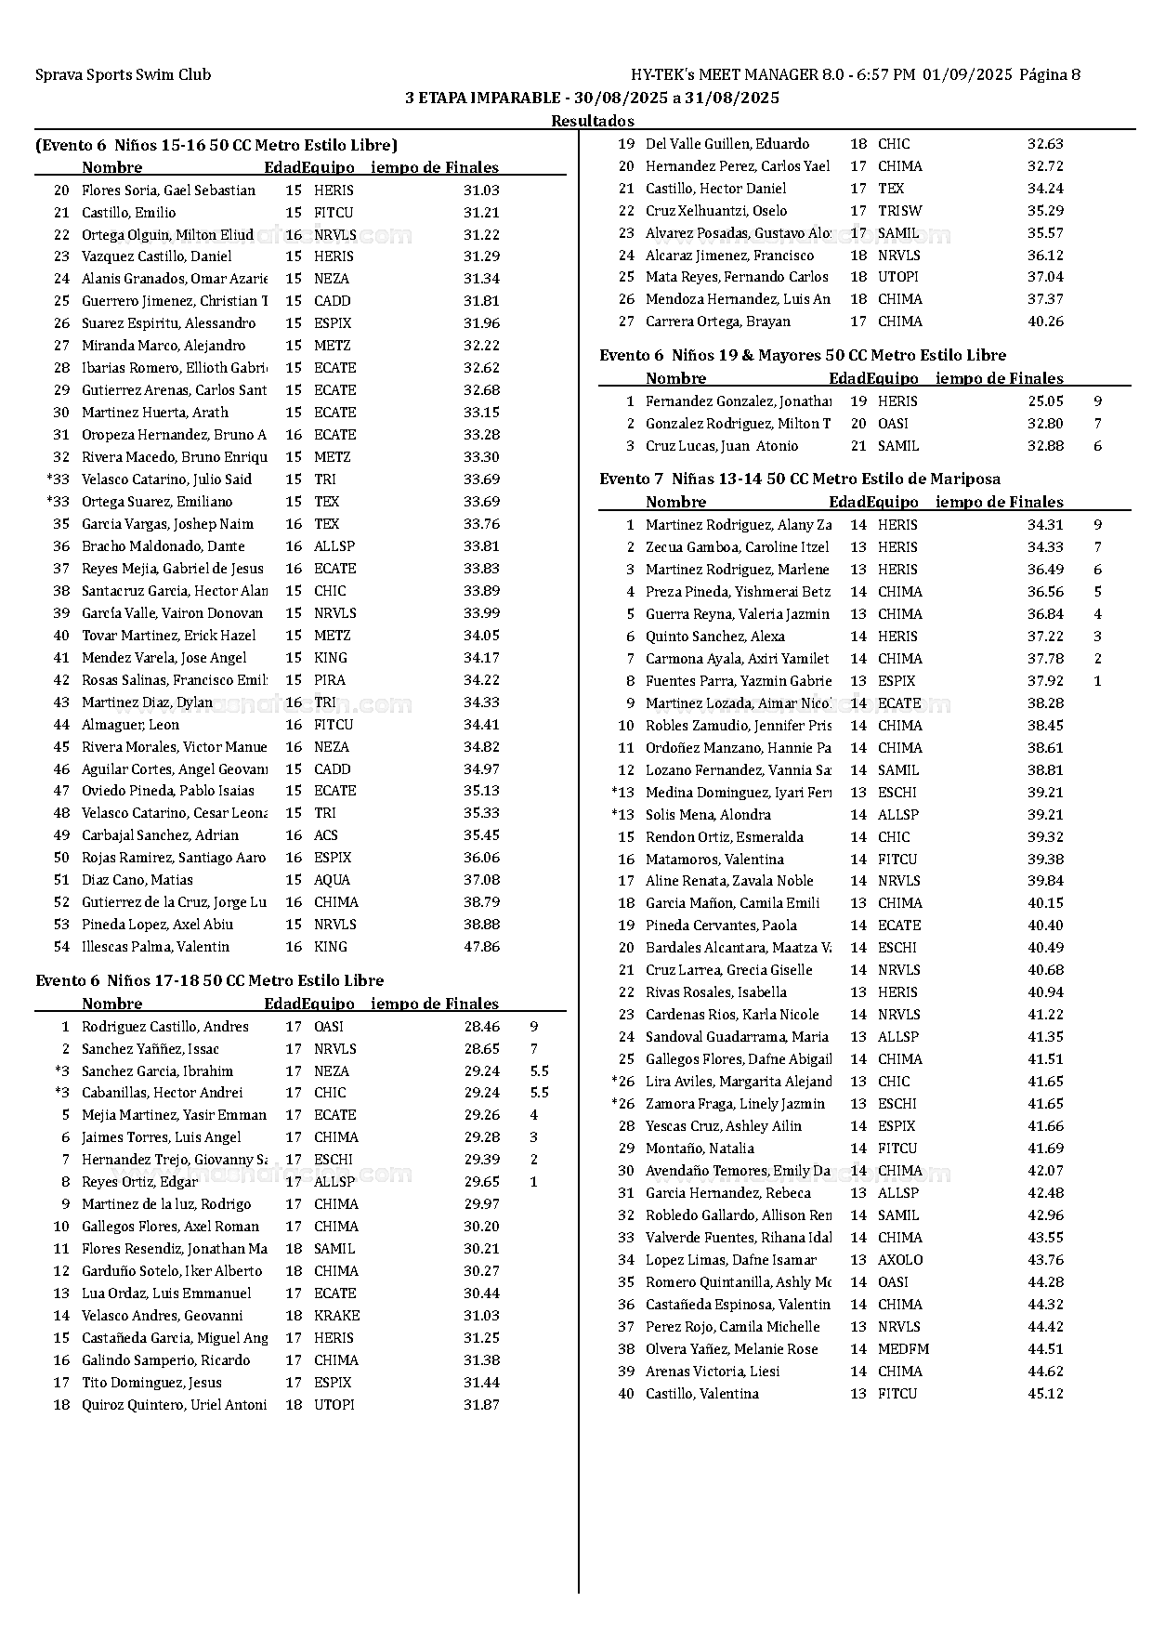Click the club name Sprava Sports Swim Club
pyautogui.click(x=123, y=75)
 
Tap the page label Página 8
pyautogui.click(x=1050, y=75)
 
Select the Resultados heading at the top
pyautogui.click(x=592, y=121)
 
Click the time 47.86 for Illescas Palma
pyautogui.click(x=481, y=947)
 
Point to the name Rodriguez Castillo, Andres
pyautogui.click(x=165, y=1027)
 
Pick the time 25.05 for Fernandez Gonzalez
pyautogui.click(x=1045, y=401)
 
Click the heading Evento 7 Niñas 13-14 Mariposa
pyautogui.click(x=800, y=479)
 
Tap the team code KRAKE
pyautogui.click(x=336, y=1316)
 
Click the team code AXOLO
pyautogui.click(x=900, y=1260)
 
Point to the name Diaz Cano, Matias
pyautogui.click(x=137, y=880)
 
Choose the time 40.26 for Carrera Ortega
pyautogui.click(x=1045, y=322)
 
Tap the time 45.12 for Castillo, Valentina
pyautogui.click(x=1045, y=1394)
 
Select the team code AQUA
pyautogui.click(x=332, y=880)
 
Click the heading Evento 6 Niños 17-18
pyautogui.click(x=209, y=981)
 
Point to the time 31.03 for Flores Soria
pyautogui.click(x=481, y=190)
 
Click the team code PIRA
pyautogui.click(x=329, y=680)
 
